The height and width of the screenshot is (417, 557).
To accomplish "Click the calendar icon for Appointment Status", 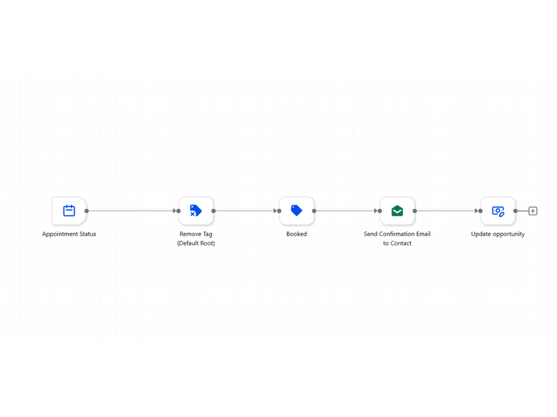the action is pos(69,211).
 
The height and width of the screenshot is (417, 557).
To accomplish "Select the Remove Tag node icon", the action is pos(196,211).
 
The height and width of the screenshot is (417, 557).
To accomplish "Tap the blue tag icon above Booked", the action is pos(296,210).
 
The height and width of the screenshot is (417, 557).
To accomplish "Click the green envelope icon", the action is pos(397,211).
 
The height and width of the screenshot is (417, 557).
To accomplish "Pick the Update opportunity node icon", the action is pos(498,211).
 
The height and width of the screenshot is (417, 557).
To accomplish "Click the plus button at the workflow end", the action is pos(533,211).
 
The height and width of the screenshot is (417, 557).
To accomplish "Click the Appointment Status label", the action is pos(69,234).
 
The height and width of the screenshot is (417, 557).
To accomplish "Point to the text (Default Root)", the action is pos(196,244).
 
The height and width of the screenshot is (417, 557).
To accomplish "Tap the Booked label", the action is pos(297,234).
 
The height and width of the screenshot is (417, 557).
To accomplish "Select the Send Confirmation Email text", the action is pos(397,234).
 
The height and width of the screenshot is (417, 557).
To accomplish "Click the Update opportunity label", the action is pos(497,234).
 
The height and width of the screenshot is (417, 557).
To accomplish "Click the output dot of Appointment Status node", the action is pos(87,211).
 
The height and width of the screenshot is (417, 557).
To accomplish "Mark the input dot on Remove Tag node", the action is pos(179,211).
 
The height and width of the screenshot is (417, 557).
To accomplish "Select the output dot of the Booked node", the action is pos(314,211).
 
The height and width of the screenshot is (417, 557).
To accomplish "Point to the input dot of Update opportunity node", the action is pos(481,211).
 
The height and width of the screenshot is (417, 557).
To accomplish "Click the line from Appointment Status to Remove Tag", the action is pos(132,211).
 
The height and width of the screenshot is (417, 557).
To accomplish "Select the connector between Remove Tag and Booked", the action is pos(246,211).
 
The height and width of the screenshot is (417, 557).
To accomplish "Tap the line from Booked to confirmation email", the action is pos(346,211).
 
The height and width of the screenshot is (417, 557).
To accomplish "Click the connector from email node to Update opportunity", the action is pos(447,211).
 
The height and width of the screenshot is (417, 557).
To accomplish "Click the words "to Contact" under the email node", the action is pos(397,244).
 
